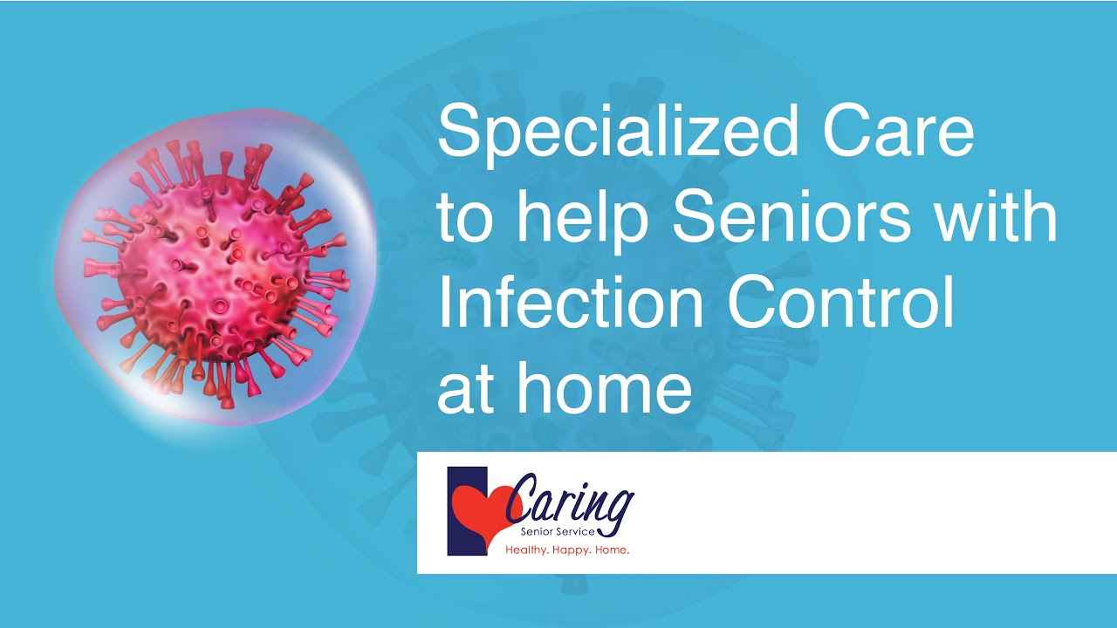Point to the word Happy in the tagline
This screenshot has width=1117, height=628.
573,551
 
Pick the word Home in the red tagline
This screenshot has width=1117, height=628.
613,551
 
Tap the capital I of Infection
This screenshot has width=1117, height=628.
443,304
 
